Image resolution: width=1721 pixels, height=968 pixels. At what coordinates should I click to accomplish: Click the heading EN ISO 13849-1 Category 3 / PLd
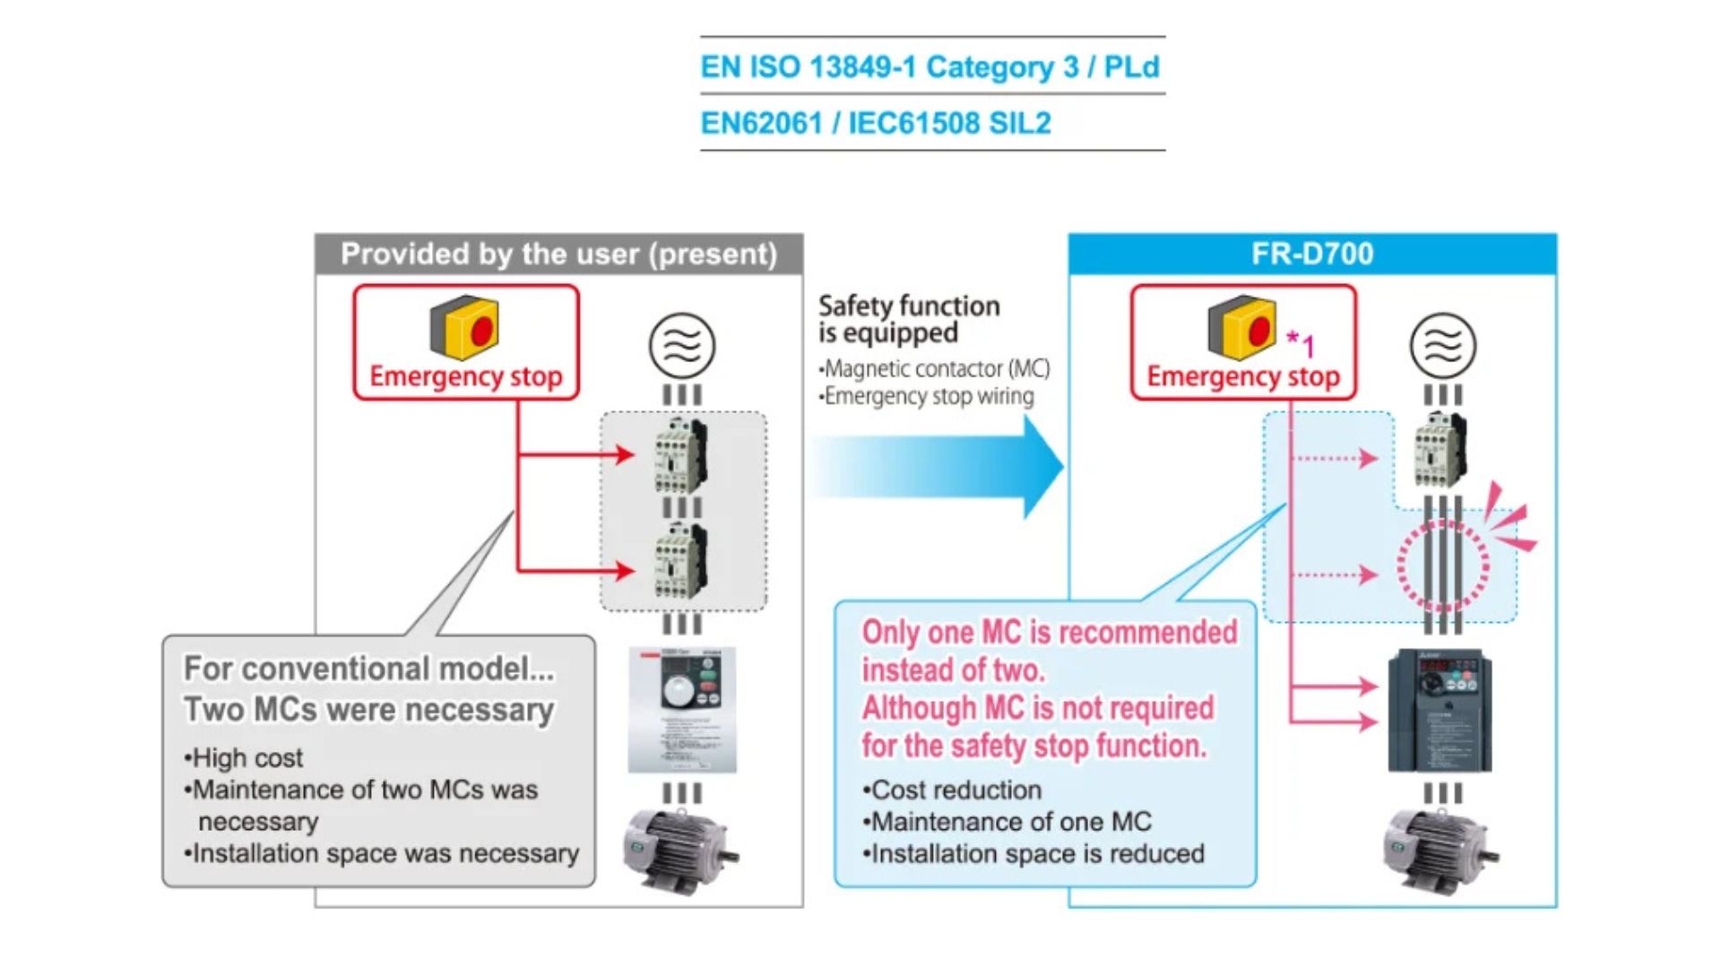tap(930, 67)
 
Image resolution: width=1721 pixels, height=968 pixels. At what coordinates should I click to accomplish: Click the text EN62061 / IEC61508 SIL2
tap(875, 123)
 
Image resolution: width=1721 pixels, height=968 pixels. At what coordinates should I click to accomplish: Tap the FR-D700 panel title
tap(1311, 254)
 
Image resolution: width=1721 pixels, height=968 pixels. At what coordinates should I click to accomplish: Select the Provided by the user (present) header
tap(558, 255)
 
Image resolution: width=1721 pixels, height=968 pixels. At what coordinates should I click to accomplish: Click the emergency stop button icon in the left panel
tap(464, 327)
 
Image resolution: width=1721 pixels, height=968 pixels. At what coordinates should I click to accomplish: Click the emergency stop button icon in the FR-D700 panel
tap(1241, 327)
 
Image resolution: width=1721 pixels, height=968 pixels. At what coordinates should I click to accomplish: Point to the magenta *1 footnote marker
tap(1301, 343)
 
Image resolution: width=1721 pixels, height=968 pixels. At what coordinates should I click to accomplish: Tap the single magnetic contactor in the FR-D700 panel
tap(1440, 450)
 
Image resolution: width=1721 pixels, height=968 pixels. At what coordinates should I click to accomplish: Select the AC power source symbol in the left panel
tap(681, 345)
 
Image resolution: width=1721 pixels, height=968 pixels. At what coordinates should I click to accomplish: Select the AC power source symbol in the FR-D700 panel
tap(1442, 345)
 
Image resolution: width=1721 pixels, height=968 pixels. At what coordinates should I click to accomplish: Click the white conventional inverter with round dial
tap(682, 709)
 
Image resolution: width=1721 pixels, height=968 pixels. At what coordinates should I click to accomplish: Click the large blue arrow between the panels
tap(941, 467)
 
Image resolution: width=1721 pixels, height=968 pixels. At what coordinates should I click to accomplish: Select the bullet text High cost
tap(247, 758)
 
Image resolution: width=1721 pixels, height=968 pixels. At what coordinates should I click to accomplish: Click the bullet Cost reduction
tap(956, 791)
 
